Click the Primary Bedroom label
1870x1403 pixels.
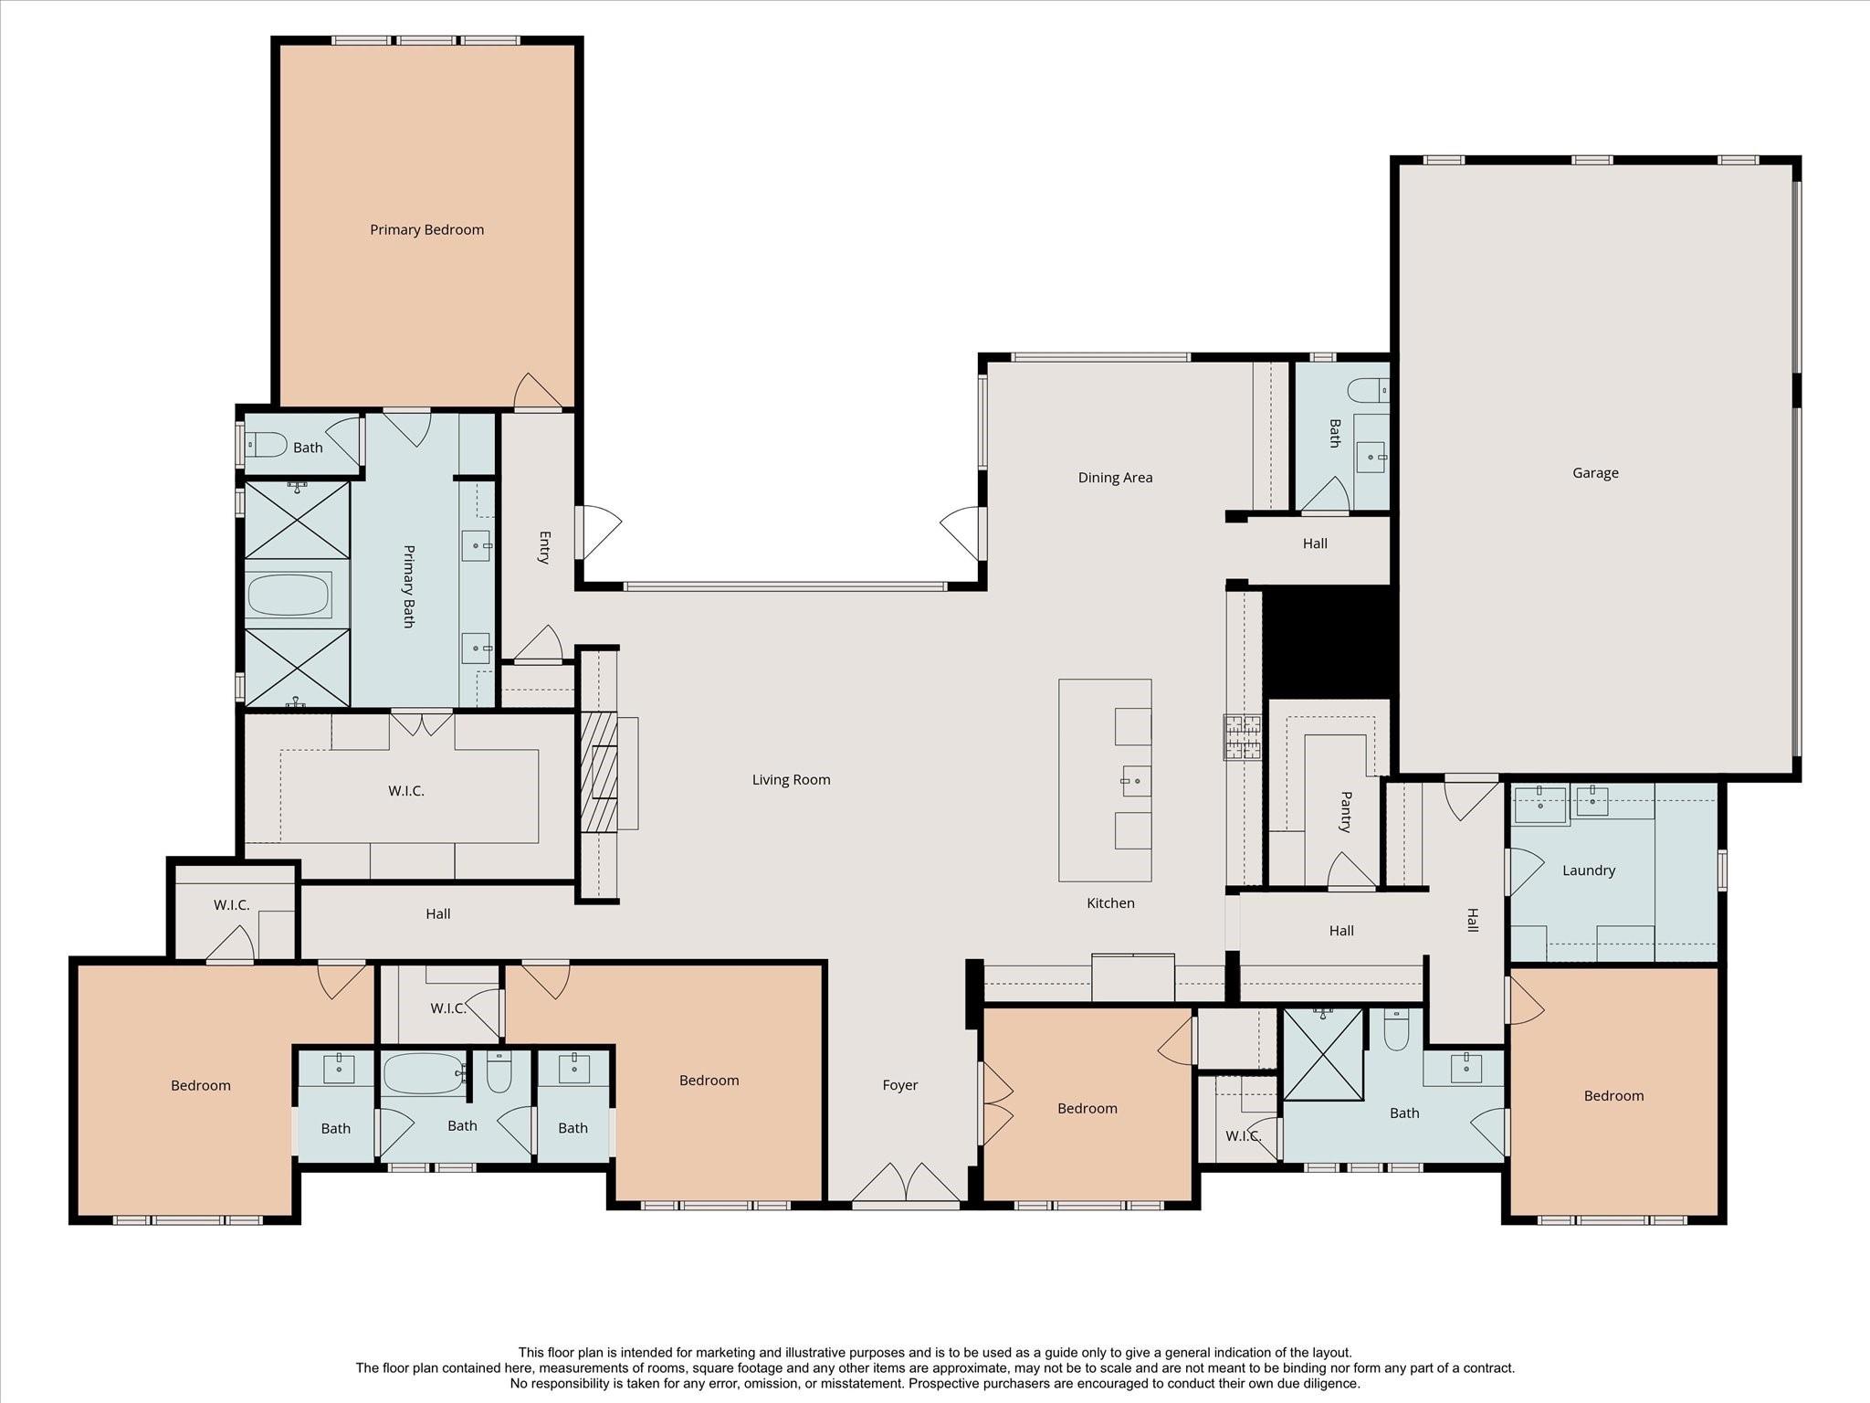point(426,230)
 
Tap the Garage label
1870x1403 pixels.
point(1595,473)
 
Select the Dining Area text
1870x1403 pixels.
point(1115,478)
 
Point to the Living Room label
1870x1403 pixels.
point(791,780)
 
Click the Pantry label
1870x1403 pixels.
point(1345,812)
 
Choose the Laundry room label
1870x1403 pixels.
point(1589,870)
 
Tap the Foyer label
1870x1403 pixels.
point(899,1085)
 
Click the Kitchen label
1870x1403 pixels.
point(1110,903)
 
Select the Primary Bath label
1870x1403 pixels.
point(408,586)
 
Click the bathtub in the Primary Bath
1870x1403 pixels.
point(289,595)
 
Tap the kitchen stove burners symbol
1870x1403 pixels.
point(1243,737)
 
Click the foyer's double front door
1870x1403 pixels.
point(906,1185)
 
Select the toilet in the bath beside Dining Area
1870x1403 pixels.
point(1368,390)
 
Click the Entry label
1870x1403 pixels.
point(544,548)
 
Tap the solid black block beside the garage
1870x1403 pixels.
point(1329,642)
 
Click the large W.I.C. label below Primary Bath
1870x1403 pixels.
point(406,791)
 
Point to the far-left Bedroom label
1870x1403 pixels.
point(201,1086)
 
